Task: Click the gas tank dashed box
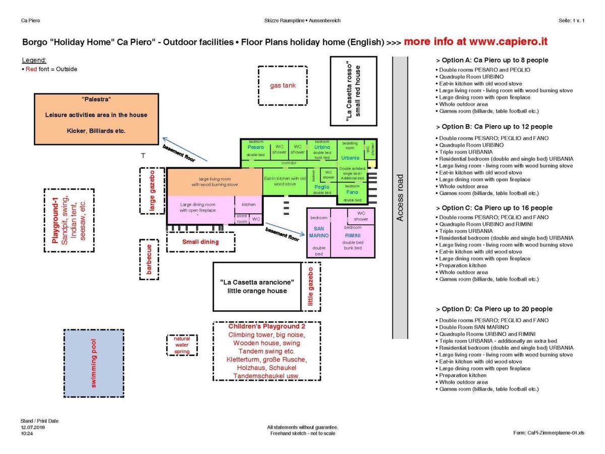click(282, 86)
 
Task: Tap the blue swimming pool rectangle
click(94, 363)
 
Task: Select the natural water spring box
click(182, 345)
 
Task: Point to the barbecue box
click(149, 260)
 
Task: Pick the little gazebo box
click(311, 287)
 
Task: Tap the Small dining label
click(201, 242)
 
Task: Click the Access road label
click(400, 198)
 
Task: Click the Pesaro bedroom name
click(256, 147)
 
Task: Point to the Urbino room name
click(322, 147)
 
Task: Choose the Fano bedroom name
click(352, 192)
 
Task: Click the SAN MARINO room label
click(319, 232)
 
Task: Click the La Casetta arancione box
click(257, 286)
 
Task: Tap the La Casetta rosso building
click(353, 91)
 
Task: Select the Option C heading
click(494, 208)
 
